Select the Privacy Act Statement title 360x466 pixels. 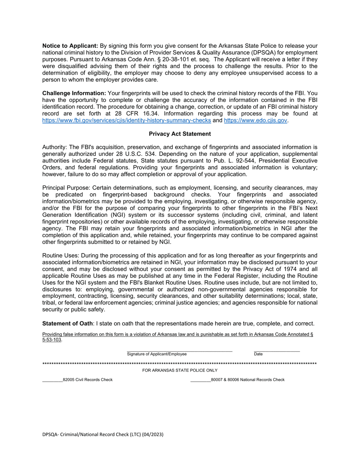180,134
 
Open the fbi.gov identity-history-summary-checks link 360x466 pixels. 127,120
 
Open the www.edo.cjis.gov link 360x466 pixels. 255,120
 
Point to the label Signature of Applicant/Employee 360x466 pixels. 157,354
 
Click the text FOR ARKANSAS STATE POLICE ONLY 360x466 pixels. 180,370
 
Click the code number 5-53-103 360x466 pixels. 52,340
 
